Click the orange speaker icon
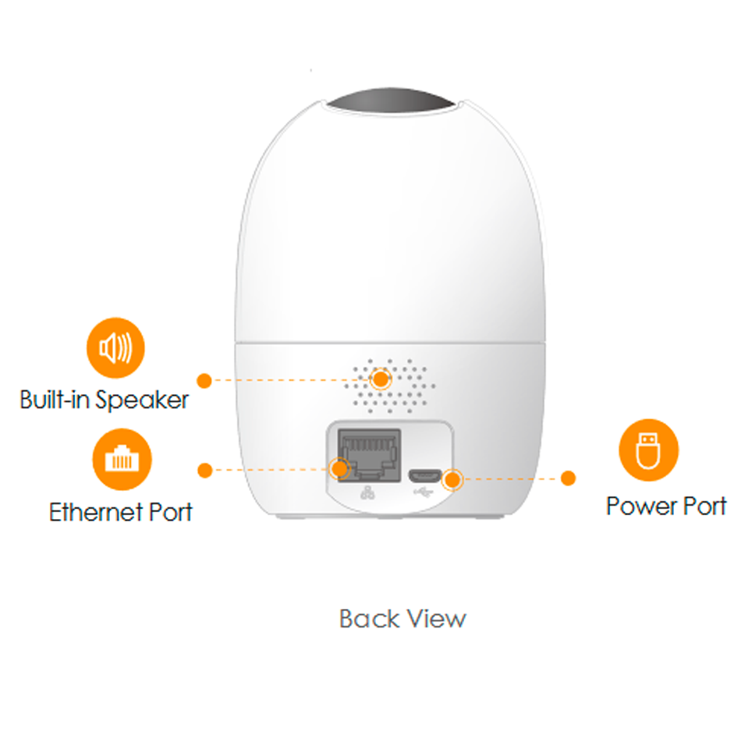pyautogui.click(x=115, y=347)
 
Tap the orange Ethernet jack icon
pyautogui.click(x=122, y=459)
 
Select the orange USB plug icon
pyautogui.click(x=648, y=450)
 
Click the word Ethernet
pyautogui.click(x=97, y=512)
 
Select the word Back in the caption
pyautogui.click(x=370, y=618)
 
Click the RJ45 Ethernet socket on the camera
pyautogui.click(x=369, y=455)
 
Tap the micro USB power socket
pyautogui.click(x=425, y=476)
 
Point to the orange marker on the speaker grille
pyautogui.click(x=381, y=379)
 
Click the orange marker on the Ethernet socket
pyautogui.click(x=339, y=469)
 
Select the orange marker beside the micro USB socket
pyautogui.click(x=452, y=479)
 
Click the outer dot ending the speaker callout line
pyautogui.click(x=204, y=380)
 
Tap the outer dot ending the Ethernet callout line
pyautogui.click(x=204, y=471)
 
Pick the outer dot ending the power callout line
pyautogui.click(x=568, y=478)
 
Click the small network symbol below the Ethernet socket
pyautogui.click(x=367, y=493)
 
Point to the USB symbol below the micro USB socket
pyautogui.click(x=424, y=493)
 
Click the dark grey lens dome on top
pyautogui.click(x=390, y=101)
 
